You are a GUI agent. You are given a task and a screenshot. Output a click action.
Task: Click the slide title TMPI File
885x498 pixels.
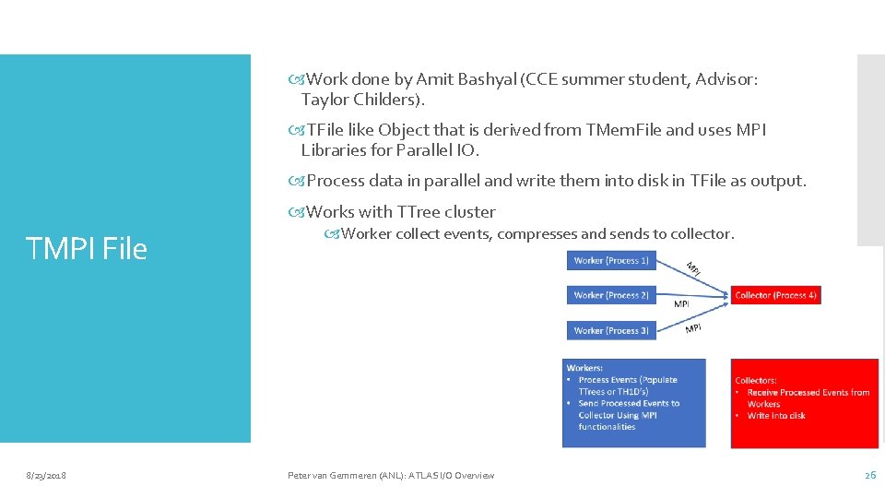[x=87, y=248]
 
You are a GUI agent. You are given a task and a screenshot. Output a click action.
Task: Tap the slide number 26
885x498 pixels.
[x=869, y=475]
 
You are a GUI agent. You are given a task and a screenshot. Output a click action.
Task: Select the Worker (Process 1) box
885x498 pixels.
[x=611, y=261]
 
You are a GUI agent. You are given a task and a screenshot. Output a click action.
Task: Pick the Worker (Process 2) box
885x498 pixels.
[x=611, y=295]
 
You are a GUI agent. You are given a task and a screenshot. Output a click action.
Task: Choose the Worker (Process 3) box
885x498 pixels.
[x=611, y=330]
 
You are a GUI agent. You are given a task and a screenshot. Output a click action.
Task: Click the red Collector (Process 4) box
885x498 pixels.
[x=775, y=295]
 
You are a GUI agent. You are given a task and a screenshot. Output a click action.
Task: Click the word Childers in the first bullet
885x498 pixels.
[x=386, y=99]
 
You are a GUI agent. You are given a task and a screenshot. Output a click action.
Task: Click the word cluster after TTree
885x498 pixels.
[x=470, y=211]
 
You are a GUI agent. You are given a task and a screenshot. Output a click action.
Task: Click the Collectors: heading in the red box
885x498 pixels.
[x=756, y=380]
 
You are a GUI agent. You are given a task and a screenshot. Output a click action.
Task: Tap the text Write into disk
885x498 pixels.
[x=776, y=415]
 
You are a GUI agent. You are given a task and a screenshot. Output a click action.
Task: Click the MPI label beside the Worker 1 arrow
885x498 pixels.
[x=693, y=267]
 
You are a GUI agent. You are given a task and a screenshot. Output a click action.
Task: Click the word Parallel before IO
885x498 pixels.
[x=435, y=149]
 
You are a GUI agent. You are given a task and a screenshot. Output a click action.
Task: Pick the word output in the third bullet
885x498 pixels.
[x=776, y=181]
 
